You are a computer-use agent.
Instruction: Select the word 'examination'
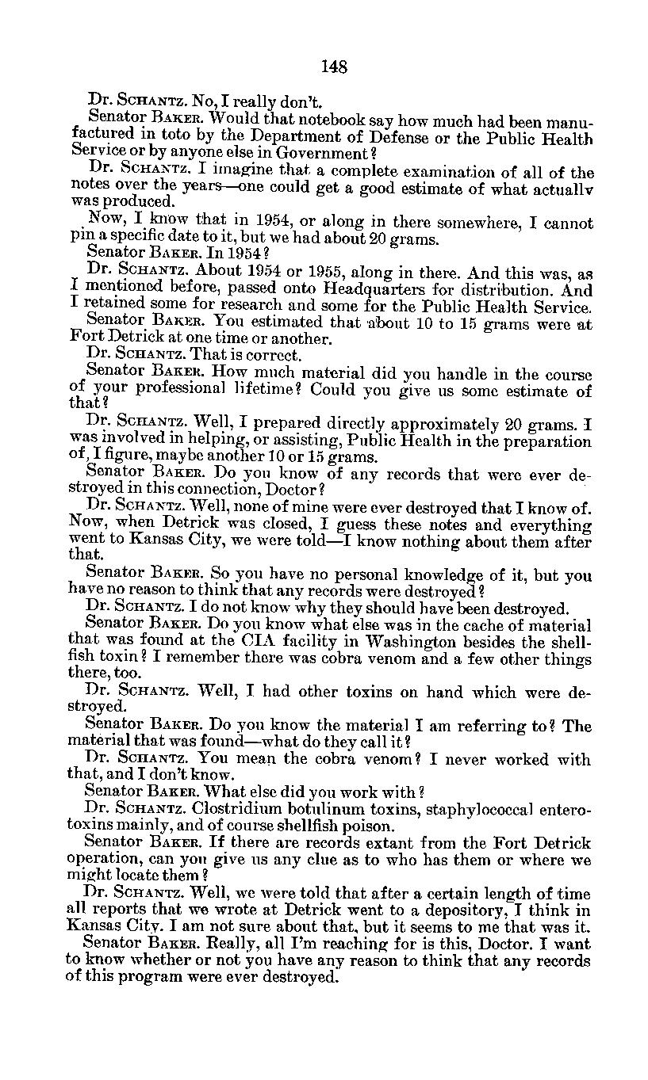click(440, 172)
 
